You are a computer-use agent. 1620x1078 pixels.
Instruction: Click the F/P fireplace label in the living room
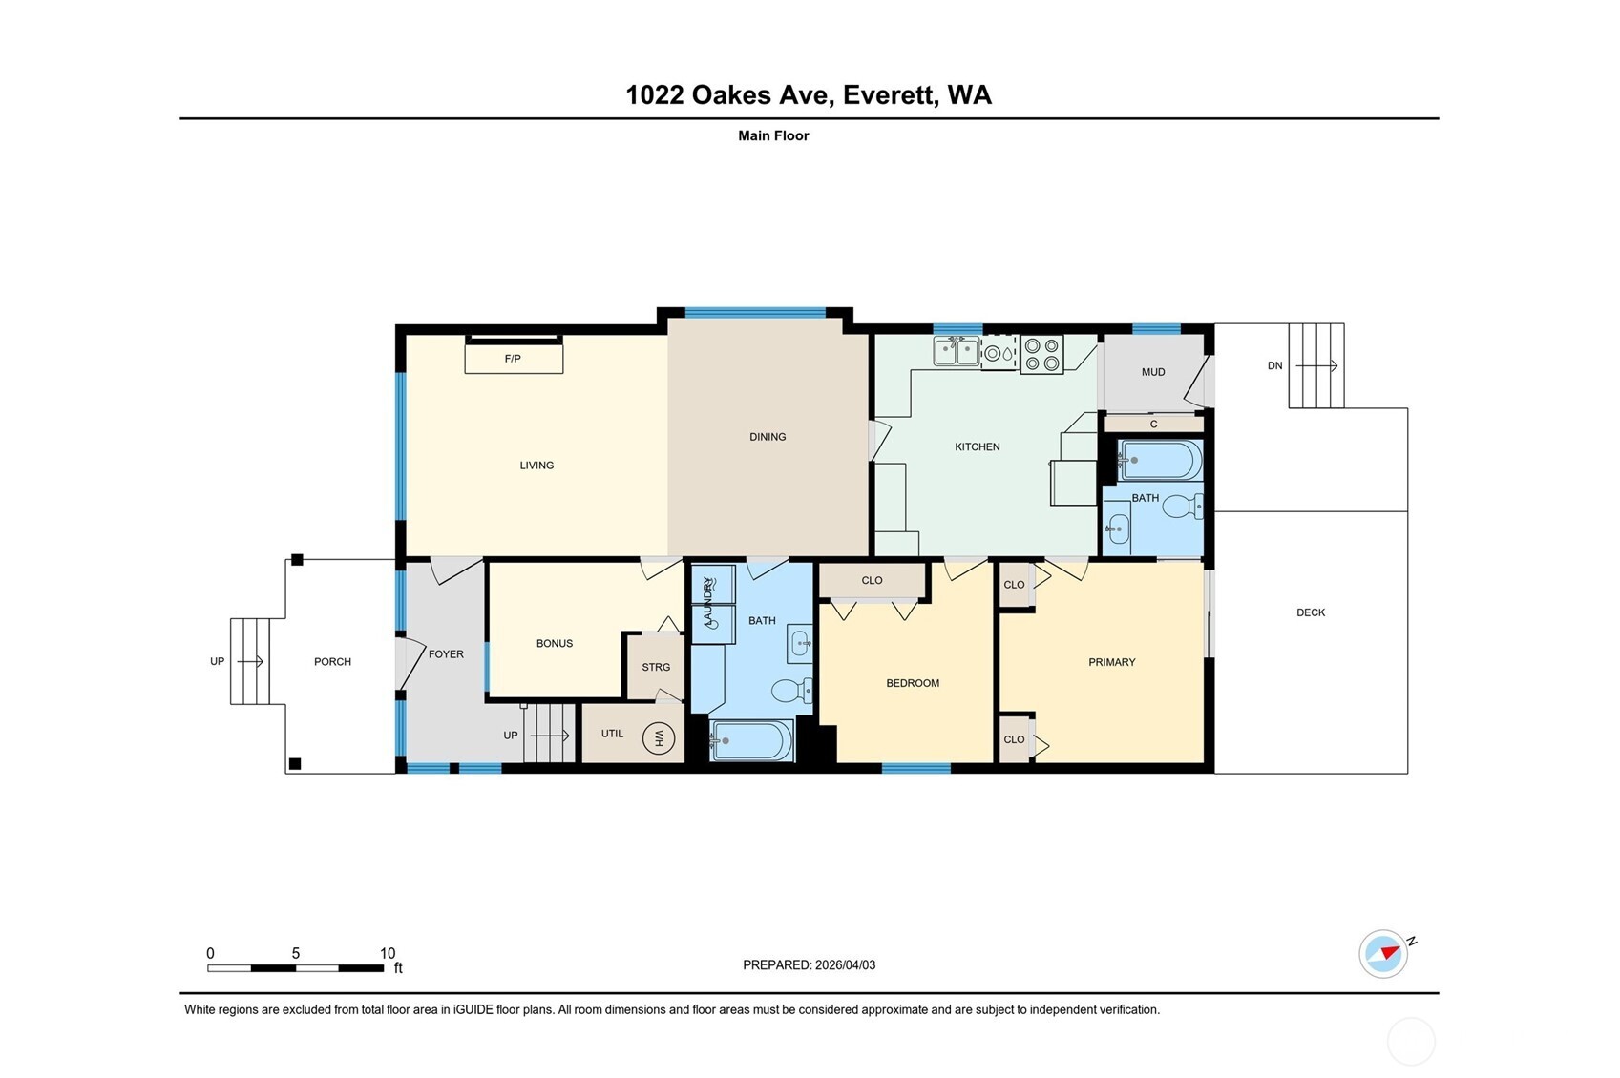(513, 359)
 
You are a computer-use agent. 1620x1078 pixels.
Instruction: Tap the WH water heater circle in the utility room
(658, 737)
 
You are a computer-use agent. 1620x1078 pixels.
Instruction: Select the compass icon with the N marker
(1383, 953)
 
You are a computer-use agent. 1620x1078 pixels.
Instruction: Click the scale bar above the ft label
(296, 968)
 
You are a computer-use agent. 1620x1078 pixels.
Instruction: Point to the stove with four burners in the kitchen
(1041, 354)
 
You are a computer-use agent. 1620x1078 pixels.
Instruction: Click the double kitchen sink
(957, 352)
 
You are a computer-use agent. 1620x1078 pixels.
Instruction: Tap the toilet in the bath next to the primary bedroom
(1182, 506)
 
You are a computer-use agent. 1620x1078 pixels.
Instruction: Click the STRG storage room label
(656, 667)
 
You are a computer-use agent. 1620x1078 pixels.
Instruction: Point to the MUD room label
(1153, 372)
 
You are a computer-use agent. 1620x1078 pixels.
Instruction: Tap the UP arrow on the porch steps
(250, 661)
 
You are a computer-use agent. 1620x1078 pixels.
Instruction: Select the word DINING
(768, 437)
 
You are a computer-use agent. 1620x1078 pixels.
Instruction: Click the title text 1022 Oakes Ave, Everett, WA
(809, 95)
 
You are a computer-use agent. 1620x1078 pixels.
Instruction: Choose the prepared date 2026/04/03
(844, 965)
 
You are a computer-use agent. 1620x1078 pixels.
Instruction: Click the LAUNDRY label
(708, 603)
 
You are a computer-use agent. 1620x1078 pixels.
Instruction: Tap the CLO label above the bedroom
(872, 580)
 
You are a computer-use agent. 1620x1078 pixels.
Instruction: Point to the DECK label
(1311, 612)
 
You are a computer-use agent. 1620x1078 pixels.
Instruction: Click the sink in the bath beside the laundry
(800, 644)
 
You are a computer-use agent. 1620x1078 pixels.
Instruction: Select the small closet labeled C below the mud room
(1153, 424)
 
